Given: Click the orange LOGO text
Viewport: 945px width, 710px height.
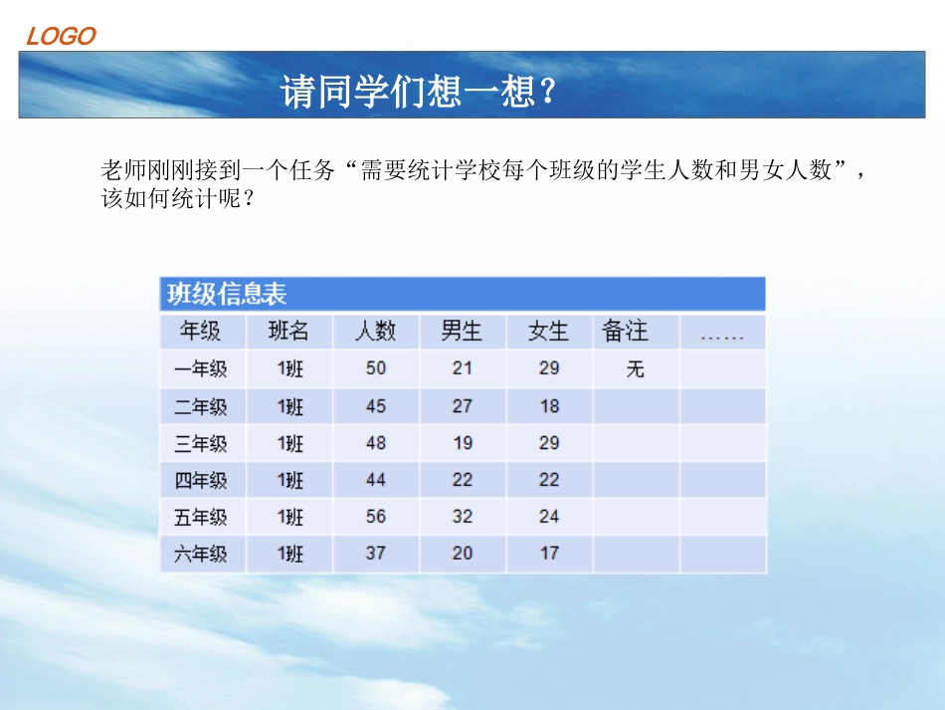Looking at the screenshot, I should click(x=61, y=37).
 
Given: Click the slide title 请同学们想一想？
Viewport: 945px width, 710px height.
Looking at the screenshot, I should click(x=418, y=93).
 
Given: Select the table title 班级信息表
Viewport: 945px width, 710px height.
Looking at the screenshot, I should click(x=227, y=294).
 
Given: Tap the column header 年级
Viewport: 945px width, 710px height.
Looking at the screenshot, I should click(x=201, y=331).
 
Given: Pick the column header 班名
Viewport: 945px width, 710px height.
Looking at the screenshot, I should click(x=288, y=331).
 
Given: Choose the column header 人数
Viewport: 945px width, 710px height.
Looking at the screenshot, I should click(x=375, y=331).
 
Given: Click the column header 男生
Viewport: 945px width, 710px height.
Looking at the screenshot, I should click(x=462, y=331).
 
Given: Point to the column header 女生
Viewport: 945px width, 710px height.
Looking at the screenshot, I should click(x=548, y=331).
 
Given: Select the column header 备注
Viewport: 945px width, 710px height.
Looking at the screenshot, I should click(x=625, y=331).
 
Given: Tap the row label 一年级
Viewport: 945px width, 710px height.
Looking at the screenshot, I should click(x=201, y=369).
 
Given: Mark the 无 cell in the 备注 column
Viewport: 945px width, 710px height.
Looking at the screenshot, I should click(x=636, y=369).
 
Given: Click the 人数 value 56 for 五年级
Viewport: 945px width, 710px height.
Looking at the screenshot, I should click(x=376, y=517).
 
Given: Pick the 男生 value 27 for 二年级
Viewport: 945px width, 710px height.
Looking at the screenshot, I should click(x=463, y=406).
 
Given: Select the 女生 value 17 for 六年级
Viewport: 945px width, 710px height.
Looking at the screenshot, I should click(x=549, y=553).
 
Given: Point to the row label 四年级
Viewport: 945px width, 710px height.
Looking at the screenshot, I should click(x=201, y=481).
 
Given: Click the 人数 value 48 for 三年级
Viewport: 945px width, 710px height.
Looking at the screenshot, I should click(x=376, y=443).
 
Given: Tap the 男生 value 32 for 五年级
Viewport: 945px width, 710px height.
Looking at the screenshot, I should click(x=463, y=517).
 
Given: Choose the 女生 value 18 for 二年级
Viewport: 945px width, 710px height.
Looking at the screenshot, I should click(x=549, y=406).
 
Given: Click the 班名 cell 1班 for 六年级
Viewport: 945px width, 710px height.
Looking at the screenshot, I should click(x=290, y=554).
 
